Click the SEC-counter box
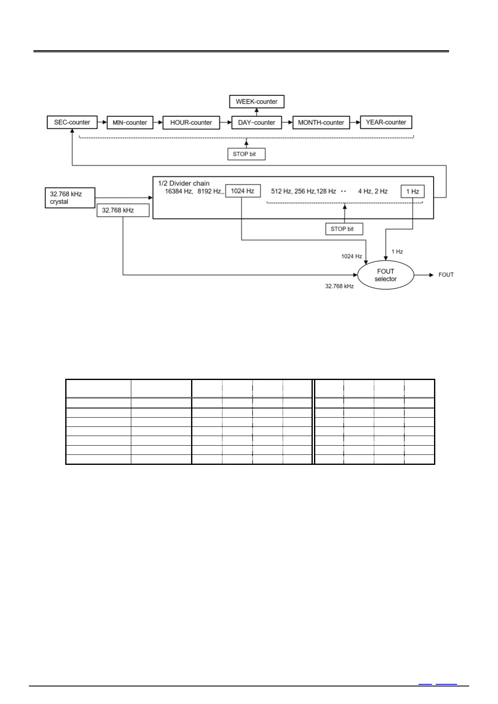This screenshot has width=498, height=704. [72, 122]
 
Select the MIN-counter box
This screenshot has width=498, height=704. [130, 122]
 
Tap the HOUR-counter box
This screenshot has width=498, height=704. [191, 122]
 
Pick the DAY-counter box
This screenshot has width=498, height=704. [256, 122]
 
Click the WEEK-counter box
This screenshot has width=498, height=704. [256, 102]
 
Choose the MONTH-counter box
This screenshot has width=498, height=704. [321, 122]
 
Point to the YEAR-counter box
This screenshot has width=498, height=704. [386, 122]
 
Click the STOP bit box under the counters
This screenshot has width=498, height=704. [246, 154]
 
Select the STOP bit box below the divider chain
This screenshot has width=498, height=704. [344, 229]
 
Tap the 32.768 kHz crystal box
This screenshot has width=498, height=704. [70, 198]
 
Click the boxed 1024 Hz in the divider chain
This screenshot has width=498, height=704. [243, 191]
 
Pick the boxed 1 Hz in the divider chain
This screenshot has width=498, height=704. [412, 191]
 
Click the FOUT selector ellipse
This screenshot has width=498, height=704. [386, 275]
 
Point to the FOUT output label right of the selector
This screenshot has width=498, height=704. [446, 275]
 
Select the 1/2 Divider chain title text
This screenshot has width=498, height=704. [184, 183]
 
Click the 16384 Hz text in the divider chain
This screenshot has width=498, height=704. [179, 191]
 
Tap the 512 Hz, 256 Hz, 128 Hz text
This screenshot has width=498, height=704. [303, 191]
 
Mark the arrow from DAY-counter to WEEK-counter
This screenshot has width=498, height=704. [257, 111]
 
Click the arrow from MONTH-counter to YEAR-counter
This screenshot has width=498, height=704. [355, 122]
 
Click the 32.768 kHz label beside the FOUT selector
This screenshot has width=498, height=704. [339, 286]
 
